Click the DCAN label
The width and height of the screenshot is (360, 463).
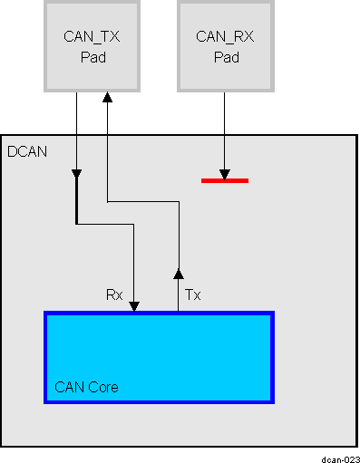(26, 152)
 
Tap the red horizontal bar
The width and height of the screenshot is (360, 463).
(224, 180)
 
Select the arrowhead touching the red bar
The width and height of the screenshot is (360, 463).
(224, 173)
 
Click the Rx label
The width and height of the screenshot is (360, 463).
(115, 294)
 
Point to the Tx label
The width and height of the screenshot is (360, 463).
(191, 294)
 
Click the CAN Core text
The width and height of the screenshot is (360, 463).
(86, 387)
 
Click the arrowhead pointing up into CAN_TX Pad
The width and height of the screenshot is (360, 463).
(107, 97)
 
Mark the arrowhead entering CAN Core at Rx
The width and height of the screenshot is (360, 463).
(134, 306)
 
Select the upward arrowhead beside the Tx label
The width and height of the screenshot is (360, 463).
(179, 272)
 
